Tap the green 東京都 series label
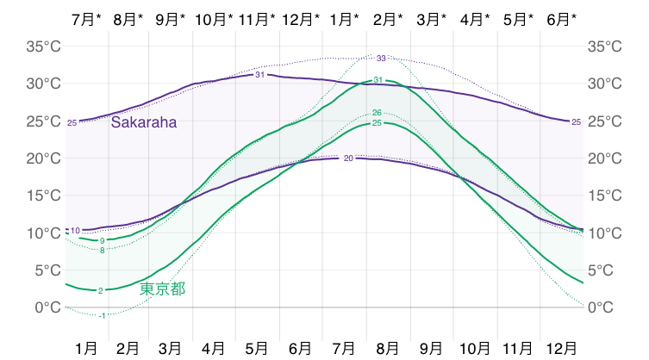click(162, 289)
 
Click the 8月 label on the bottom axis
click(388, 348)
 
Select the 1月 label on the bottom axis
click(85, 348)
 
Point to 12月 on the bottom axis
click(562, 348)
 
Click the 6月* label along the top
click(562, 18)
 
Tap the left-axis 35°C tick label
click(41, 47)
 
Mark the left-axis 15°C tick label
click(41, 196)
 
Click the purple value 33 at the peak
click(381, 59)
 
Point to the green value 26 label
click(377, 113)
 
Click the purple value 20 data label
click(348, 158)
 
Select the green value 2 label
click(101, 290)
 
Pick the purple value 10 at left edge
click(75, 230)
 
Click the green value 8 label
click(102, 250)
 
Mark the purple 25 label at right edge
click(576, 122)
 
